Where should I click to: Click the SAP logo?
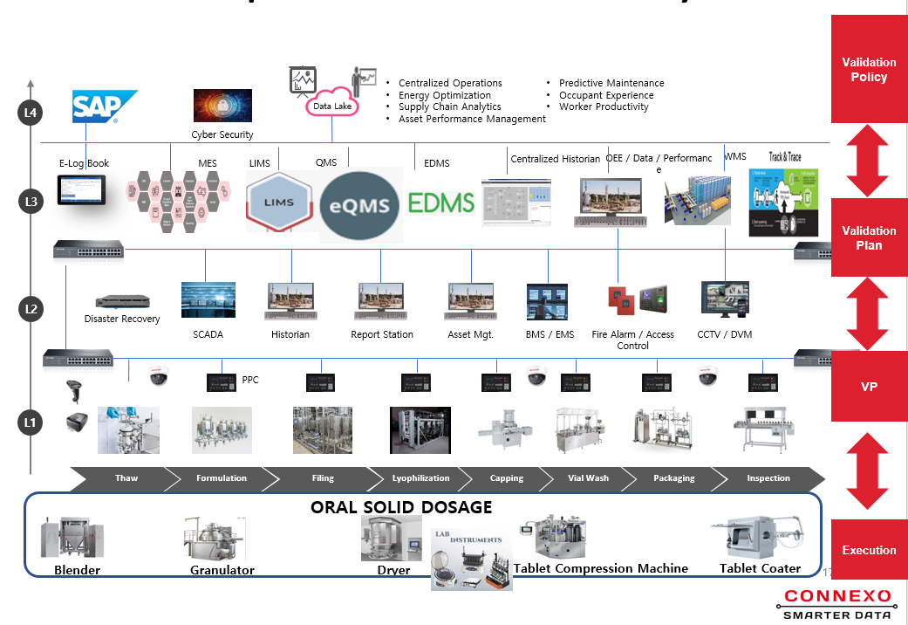tap(104, 107)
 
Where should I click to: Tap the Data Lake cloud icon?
tap(331, 105)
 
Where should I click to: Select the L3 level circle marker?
tap(31, 203)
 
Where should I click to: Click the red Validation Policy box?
tap(869, 70)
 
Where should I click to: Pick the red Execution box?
tap(869, 550)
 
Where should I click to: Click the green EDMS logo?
tap(441, 203)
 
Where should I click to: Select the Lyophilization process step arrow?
tap(420, 478)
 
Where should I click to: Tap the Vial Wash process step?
tap(588, 478)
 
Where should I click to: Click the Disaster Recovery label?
tap(122, 319)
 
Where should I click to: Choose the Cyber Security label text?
tap(222, 135)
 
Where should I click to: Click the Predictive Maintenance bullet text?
tap(611, 84)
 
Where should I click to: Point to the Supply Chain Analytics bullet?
tap(449, 107)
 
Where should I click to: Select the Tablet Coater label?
tap(760, 569)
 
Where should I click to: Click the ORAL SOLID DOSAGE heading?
tap(401, 508)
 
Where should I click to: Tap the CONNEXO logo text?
tap(836, 597)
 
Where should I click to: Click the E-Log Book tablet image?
tap(82, 189)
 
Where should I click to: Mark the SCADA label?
tap(208, 334)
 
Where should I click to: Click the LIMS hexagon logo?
tap(279, 203)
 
